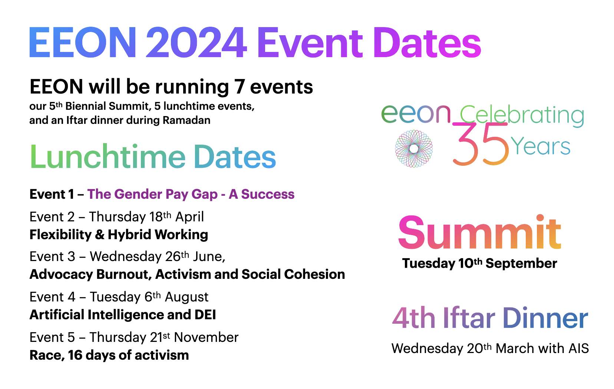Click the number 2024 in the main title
click(x=197, y=43)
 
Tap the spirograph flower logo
click(x=414, y=149)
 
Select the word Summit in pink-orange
click(x=480, y=233)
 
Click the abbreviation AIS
click(x=578, y=349)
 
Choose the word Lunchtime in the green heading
click(x=108, y=157)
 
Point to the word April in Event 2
click(x=190, y=217)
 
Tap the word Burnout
click(x=124, y=274)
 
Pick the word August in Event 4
click(x=186, y=297)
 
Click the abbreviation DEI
click(x=205, y=315)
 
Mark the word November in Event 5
click(x=206, y=337)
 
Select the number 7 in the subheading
click(x=240, y=87)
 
